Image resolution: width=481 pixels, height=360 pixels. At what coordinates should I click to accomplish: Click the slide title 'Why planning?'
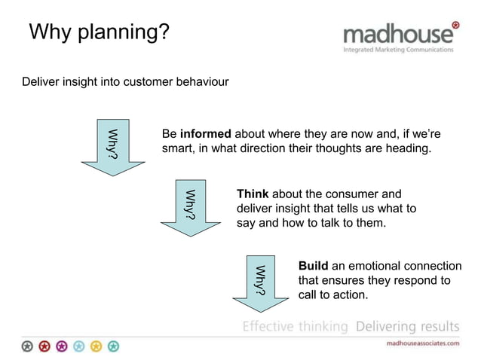pos(99,32)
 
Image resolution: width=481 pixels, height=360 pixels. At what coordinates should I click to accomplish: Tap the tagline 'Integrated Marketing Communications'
pos(399,50)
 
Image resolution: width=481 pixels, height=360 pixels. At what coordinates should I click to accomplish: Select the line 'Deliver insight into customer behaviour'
pos(125,81)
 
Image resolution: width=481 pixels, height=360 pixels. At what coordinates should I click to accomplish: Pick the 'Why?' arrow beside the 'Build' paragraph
pos(261,282)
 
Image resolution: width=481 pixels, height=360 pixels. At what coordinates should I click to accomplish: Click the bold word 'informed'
pos(205,134)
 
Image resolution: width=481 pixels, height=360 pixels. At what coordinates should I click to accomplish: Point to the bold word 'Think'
pos(253,194)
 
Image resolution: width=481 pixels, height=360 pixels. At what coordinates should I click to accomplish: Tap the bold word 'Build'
pos(313,266)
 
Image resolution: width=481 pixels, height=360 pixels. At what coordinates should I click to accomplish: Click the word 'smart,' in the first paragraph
pos(179,149)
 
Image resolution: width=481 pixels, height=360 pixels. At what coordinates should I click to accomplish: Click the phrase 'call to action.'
pos(333,295)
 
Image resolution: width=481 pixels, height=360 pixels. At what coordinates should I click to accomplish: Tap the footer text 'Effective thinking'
pos(295,326)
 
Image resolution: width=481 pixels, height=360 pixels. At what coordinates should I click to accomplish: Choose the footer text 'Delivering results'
pos(406,326)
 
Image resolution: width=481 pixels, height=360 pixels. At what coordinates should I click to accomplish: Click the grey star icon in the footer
pos(27,346)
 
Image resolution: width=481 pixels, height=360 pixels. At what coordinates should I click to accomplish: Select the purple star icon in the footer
pos(61,346)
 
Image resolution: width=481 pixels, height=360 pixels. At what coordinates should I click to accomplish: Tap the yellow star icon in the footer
pos(96,346)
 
